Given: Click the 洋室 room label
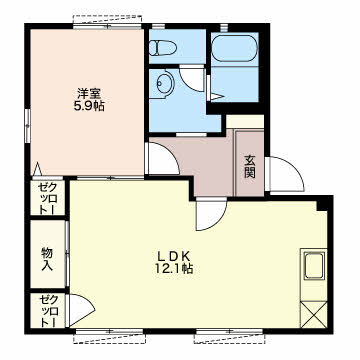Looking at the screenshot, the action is [88, 93].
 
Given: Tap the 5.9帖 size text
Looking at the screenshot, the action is [89, 106].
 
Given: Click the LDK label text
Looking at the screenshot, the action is [173, 256].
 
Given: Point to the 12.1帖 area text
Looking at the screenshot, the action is [173, 269].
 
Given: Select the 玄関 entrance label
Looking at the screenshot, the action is [249, 167].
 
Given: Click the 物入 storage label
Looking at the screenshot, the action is [47, 260].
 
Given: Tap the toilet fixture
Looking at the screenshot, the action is [162, 48].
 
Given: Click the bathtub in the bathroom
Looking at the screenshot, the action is [235, 48].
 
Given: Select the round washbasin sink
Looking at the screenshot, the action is [164, 81].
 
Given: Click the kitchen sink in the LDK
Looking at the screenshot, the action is [314, 265].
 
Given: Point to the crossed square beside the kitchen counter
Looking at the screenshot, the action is [313, 314].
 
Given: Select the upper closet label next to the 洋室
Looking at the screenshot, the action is [47, 199].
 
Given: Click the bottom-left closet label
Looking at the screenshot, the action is [47, 311].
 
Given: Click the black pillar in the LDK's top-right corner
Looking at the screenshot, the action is [322, 204].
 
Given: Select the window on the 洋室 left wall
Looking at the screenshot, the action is [28, 122].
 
